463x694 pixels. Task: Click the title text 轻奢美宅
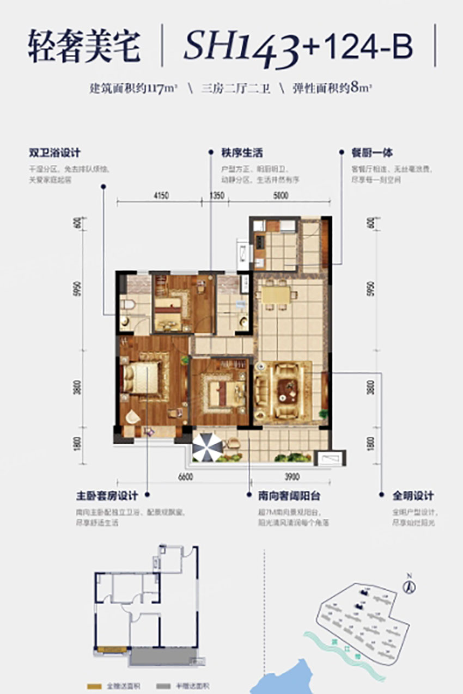[x=84, y=48]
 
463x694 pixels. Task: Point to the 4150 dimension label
[x=160, y=196]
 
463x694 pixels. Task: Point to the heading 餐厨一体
[x=373, y=154]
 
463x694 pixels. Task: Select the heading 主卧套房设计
[x=107, y=496]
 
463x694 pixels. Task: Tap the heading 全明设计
[x=413, y=496]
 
